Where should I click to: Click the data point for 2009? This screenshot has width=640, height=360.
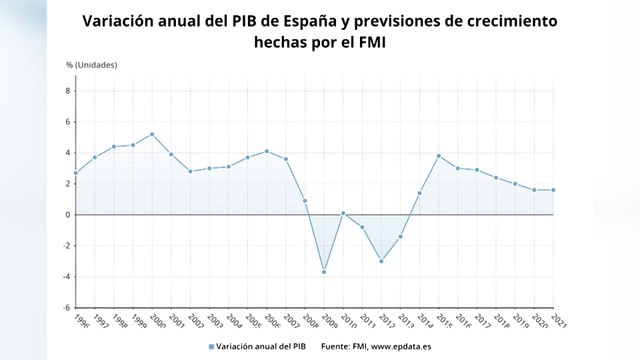pyautogui.click(x=324, y=271)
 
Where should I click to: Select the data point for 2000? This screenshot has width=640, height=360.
pyautogui.click(x=152, y=134)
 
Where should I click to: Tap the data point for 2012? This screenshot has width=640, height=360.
pyautogui.click(x=381, y=261)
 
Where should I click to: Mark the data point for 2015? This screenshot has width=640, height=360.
pyautogui.click(x=438, y=156)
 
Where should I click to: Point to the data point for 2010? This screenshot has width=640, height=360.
pyautogui.click(x=343, y=213)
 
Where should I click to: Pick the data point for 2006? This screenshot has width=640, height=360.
pyautogui.click(x=266, y=151)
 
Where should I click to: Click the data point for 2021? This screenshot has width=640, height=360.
pyautogui.click(x=553, y=190)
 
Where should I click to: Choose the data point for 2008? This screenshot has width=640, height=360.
pyautogui.click(x=305, y=201)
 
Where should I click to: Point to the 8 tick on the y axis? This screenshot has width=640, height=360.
pyautogui.click(x=69, y=91)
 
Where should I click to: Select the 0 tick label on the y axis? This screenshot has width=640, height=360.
pyautogui.click(x=69, y=215)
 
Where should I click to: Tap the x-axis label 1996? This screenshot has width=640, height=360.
pyautogui.click(x=80, y=322)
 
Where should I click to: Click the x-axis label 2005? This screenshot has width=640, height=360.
pyautogui.click(x=252, y=322)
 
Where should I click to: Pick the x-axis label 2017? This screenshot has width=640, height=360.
pyautogui.click(x=481, y=322)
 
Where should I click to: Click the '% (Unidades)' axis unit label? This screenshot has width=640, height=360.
pyautogui.click(x=92, y=65)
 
